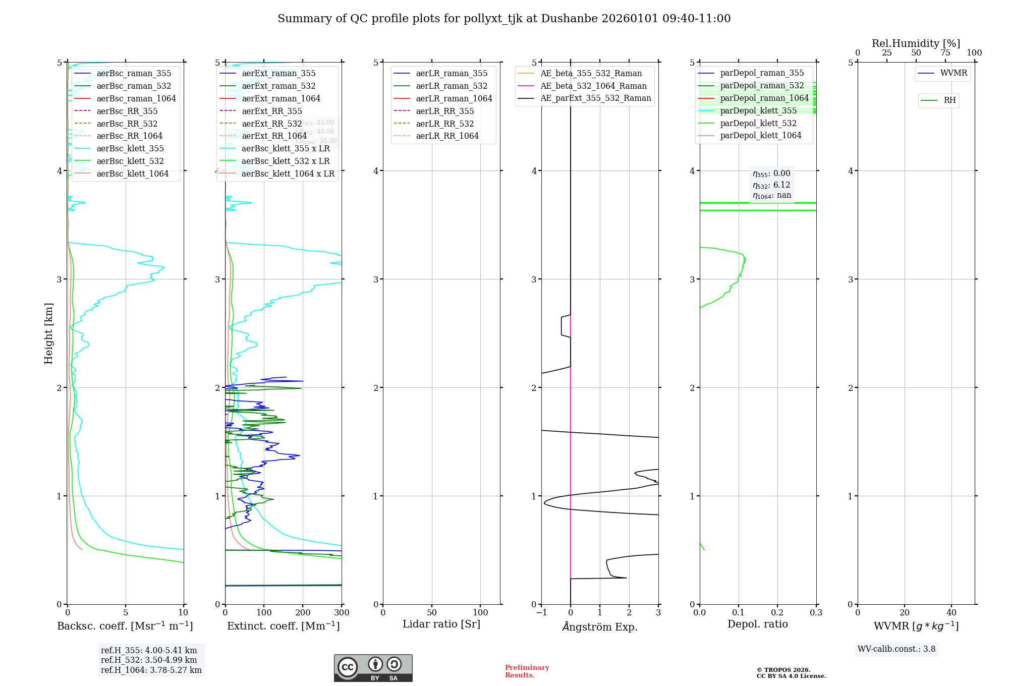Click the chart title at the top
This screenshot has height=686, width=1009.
pos(504,19)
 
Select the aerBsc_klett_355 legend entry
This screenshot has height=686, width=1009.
pos(130,148)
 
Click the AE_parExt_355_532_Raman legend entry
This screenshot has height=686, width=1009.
pos(596,98)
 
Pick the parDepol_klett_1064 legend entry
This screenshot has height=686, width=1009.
pos(761,135)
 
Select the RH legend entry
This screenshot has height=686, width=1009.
pos(949,100)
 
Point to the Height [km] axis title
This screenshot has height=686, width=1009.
pos(48,333)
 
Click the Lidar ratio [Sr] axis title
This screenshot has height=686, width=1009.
pos(441,624)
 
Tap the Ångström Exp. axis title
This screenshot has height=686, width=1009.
pos(600,626)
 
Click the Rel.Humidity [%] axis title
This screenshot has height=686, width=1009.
pos(916,43)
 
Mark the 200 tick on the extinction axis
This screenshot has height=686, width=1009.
pos(303,613)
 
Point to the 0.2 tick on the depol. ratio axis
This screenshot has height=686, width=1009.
pos(777,613)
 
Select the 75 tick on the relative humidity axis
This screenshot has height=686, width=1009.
pos(945,53)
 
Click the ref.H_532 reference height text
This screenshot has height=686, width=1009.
pos(149,660)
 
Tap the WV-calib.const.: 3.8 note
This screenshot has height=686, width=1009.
pos(896,649)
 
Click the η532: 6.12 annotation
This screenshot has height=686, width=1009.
pos(771,185)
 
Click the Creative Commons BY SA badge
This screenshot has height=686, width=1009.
pos(373,668)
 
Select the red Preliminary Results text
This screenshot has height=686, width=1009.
pos(527,671)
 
